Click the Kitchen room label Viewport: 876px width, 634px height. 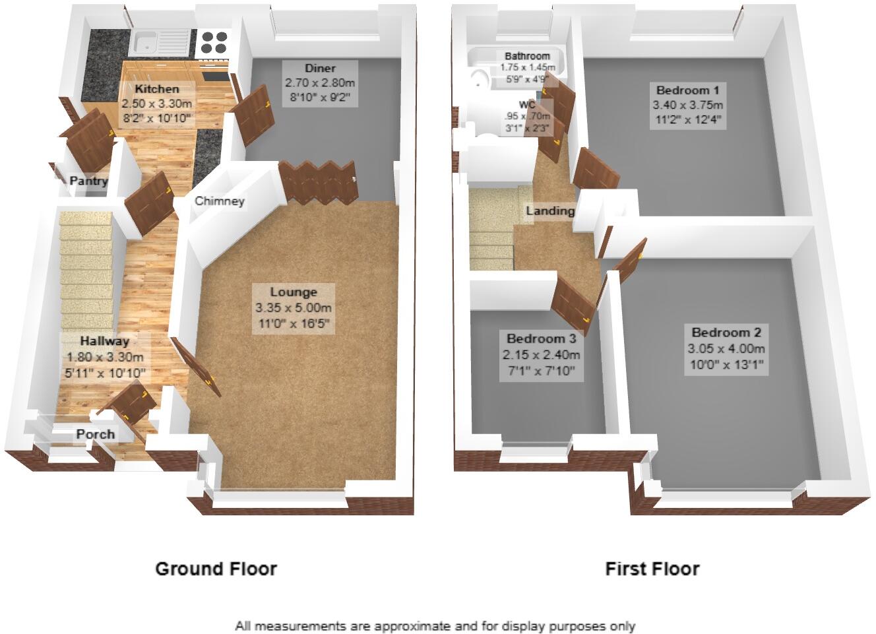(x=157, y=89)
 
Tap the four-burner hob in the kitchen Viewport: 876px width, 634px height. (x=214, y=42)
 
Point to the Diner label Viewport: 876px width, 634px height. (x=320, y=69)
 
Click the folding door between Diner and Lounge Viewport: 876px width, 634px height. (x=319, y=183)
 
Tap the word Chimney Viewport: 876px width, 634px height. (x=220, y=201)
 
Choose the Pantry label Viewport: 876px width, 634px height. (x=88, y=181)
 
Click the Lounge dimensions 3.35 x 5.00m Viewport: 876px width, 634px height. (x=294, y=308)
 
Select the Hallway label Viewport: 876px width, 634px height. (x=104, y=341)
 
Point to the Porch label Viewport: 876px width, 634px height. (x=96, y=434)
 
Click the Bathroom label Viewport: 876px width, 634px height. (x=527, y=56)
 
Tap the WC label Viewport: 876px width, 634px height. (x=527, y=105)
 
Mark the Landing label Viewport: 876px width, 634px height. (x=550, y=211)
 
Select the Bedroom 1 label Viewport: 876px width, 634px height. (x=687, y=90)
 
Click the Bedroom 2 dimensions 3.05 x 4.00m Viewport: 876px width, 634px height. (x=726, y=348)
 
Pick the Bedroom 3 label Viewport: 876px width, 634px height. (x=542, y=338)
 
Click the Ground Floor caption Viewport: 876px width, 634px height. (x=216, y=569)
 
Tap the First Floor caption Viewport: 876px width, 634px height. (x=652, y=569)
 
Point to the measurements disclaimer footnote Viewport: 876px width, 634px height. (x=435, y=626)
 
